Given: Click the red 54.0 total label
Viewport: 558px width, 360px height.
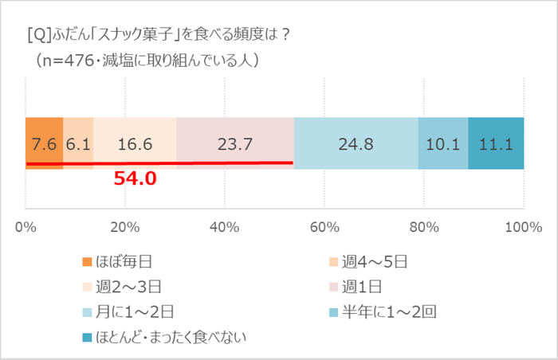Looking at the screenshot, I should click(135, 178).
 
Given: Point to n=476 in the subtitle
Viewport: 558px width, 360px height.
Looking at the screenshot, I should click(73, 60).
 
